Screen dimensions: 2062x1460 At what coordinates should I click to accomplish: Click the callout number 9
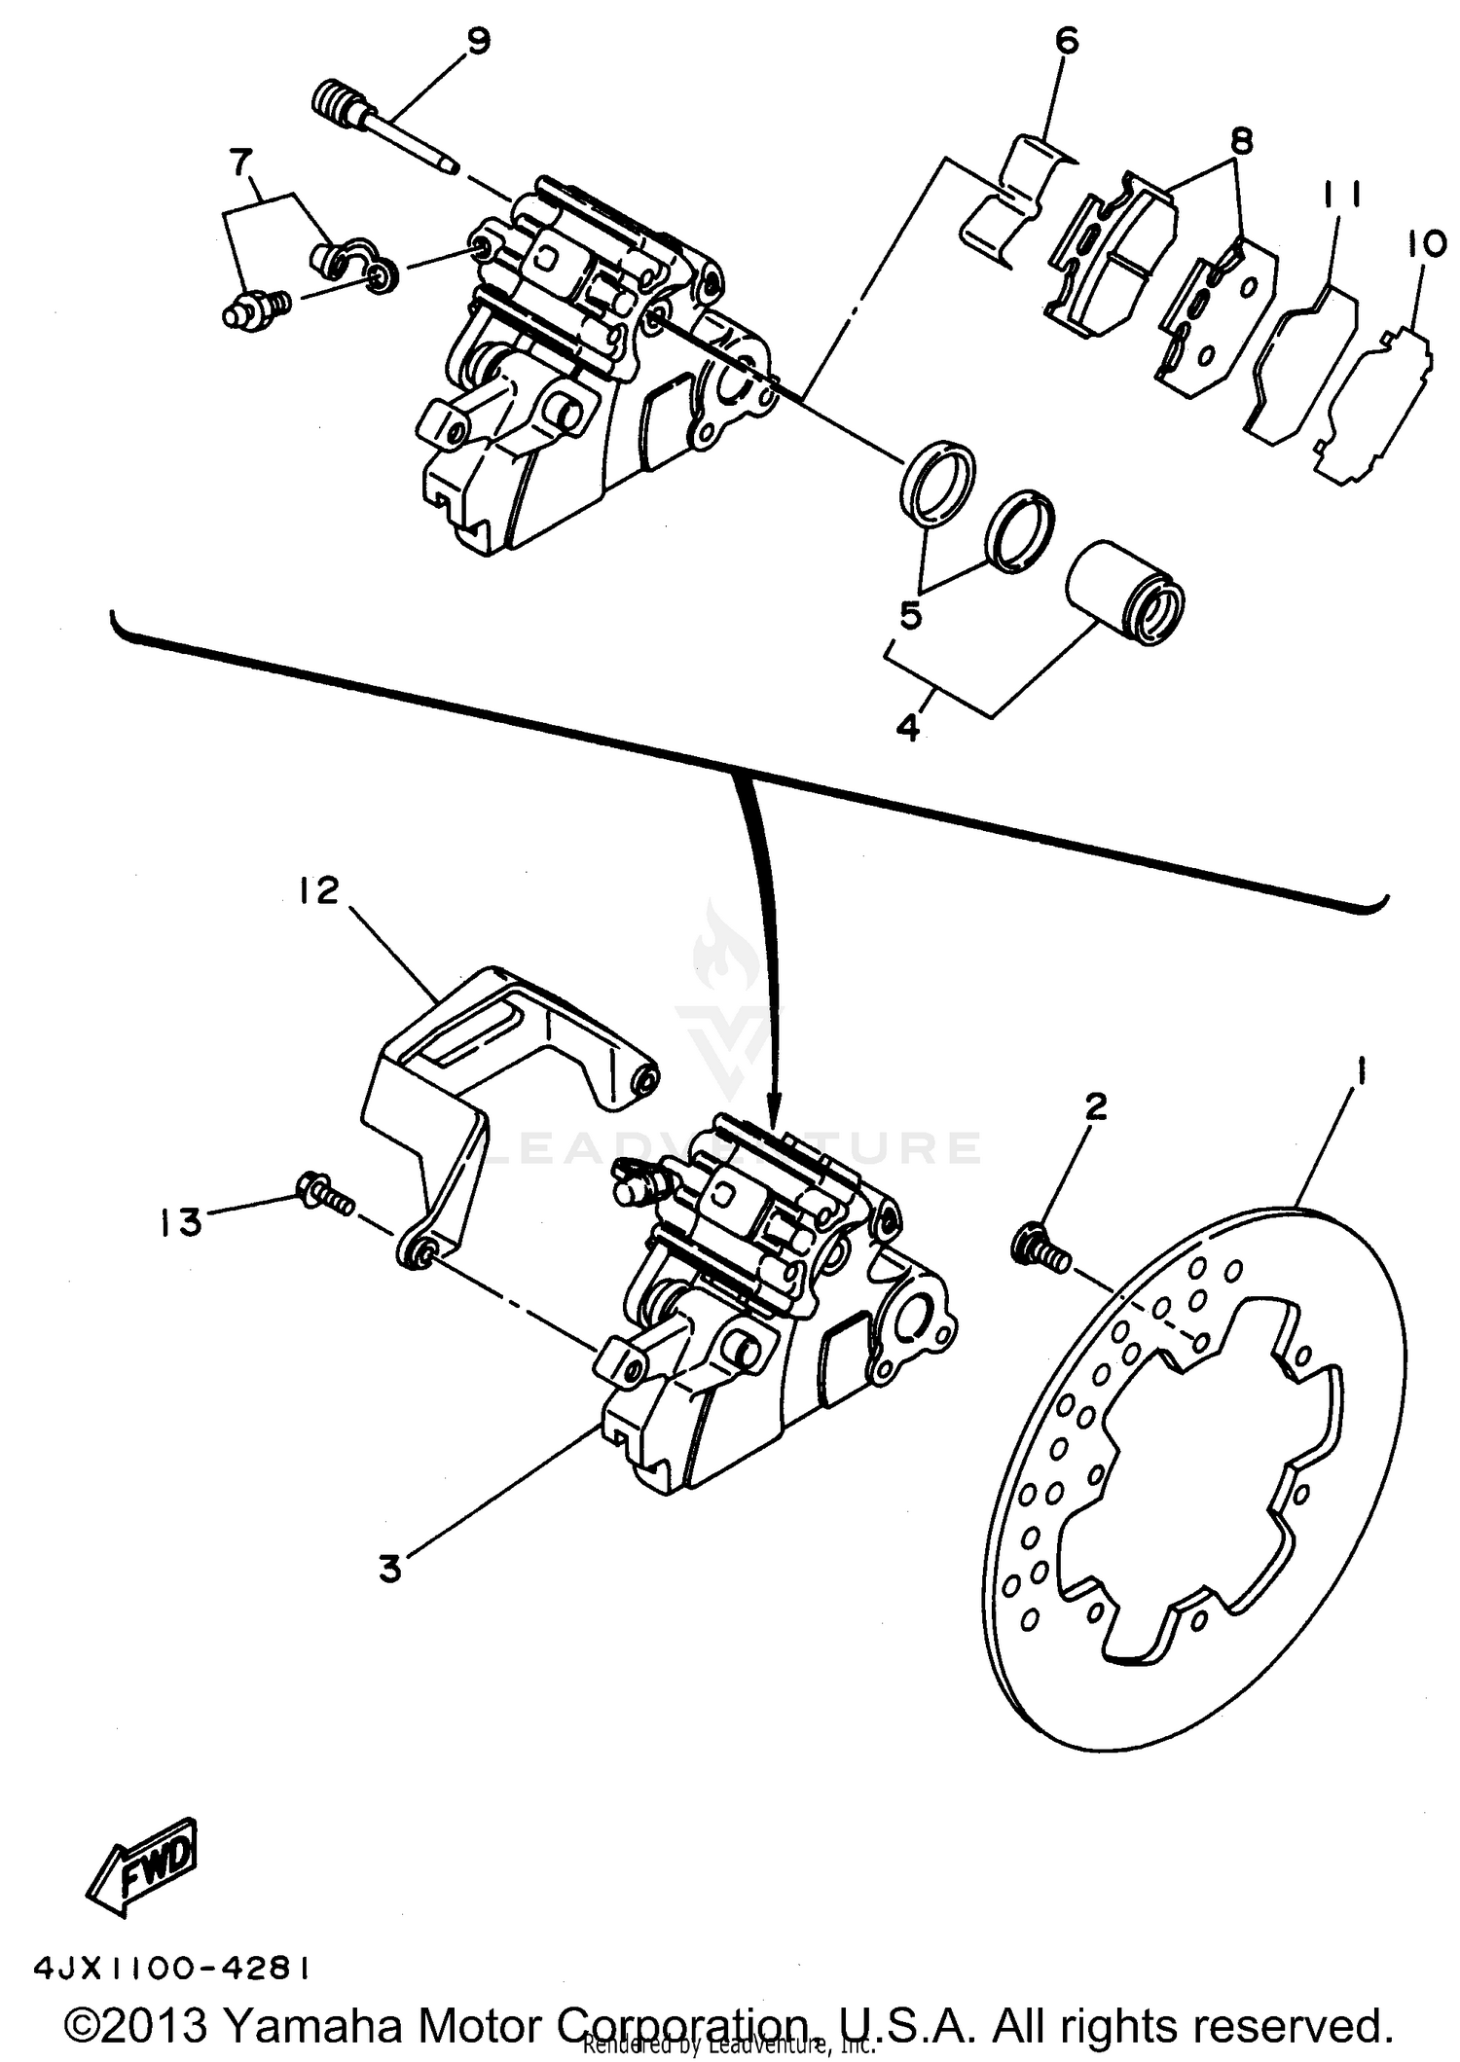click(478, 42)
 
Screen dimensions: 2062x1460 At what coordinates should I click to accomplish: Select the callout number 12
click(318, 889)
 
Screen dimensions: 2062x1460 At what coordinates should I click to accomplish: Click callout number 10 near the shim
click(1426, 244)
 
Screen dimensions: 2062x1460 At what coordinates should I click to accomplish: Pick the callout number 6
click(1067, 41)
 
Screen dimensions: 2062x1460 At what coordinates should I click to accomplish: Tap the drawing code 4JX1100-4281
click(172, 1970)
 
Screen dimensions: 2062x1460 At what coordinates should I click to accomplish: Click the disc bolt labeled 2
click(1040, 1248)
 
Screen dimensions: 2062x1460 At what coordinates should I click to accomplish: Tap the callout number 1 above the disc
click(1361, 1074)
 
